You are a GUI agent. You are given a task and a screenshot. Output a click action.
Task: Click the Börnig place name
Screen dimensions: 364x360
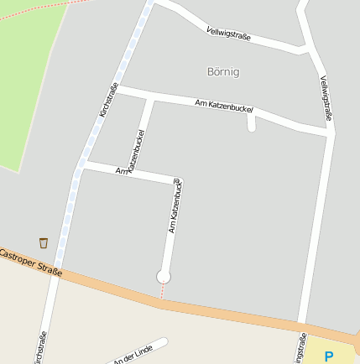click(223, 72)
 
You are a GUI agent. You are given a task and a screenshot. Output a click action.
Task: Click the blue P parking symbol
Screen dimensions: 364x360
click(329, 356)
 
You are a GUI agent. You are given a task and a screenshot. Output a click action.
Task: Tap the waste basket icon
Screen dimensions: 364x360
click(44, 242)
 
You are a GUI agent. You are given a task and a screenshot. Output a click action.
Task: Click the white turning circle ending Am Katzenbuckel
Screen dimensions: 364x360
click(164, 276)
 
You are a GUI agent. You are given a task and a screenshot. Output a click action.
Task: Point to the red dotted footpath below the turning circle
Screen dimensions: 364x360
click(162, 290)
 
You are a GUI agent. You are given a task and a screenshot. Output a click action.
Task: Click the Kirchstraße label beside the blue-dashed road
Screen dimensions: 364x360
click(107, 99)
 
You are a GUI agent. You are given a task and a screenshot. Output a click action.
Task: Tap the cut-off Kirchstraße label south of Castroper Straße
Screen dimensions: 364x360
click(39, 348)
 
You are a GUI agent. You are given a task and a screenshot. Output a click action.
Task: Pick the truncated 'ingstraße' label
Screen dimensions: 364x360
click(300, 346)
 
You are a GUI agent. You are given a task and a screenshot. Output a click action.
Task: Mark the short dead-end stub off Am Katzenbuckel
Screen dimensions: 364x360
click(252, 123)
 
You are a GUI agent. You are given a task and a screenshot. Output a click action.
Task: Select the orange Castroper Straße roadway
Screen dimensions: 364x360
click(235, 314)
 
